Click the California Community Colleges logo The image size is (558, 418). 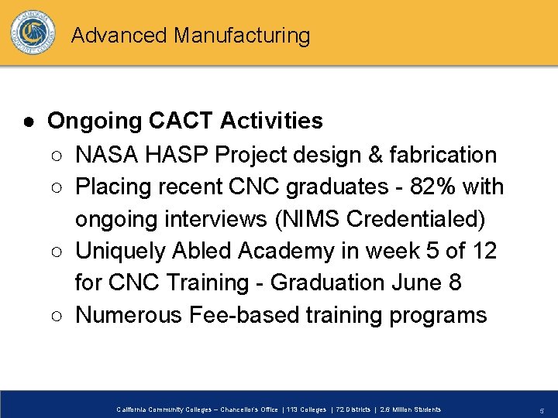(33, 33)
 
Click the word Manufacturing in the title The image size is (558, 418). (242, 36)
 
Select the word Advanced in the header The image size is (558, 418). (119, 36)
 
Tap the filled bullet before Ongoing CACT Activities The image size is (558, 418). (27, 122)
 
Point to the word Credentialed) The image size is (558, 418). (416, 219)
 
